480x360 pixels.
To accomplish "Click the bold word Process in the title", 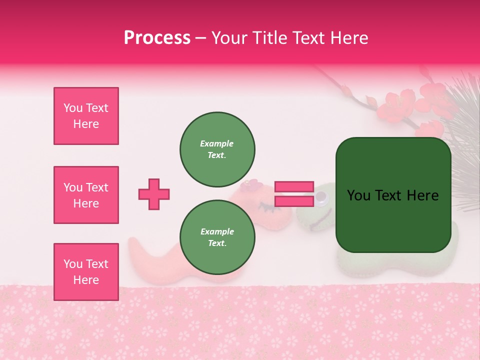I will click(157, 38).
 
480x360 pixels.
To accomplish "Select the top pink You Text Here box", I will click(86, 116).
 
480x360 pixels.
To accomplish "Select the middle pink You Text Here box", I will click(86, 195).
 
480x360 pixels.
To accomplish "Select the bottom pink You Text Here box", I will click(86, 271).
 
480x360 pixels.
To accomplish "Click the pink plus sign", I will click(154, 194).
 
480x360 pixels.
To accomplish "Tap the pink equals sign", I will click(294, 194).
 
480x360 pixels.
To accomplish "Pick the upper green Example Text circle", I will click(217, 149).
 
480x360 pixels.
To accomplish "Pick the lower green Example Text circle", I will click(217, 237).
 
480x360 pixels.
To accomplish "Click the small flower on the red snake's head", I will click(251, 186).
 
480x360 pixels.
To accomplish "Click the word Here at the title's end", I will click(349, 38).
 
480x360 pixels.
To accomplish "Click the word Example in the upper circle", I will click(217, 143).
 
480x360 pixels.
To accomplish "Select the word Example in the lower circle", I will click(217, 231).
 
